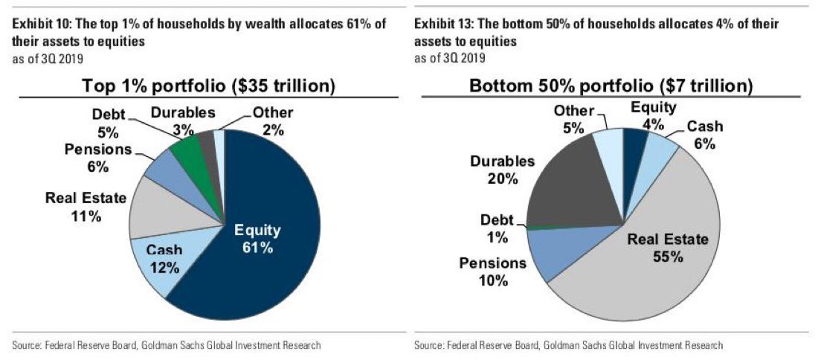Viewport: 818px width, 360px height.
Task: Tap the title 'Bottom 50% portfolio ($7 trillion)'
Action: tap(611, 86)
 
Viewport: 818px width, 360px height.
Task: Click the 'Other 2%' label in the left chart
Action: tap(272, 121)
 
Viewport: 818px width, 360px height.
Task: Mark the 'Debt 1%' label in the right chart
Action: tap(496, 229)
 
